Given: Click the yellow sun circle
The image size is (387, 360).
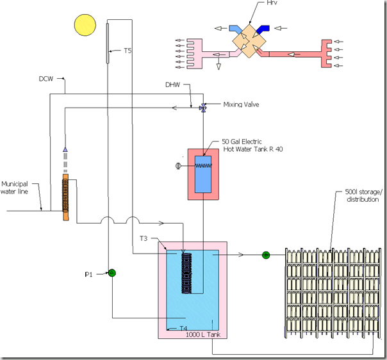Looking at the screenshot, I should [83, 25].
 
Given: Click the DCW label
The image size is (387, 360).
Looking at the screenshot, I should [47, 79].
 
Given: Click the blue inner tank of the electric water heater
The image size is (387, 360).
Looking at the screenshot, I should [203, 174].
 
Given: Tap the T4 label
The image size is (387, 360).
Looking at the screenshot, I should [183, 327].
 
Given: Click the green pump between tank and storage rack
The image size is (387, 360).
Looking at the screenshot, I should [266, 255].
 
